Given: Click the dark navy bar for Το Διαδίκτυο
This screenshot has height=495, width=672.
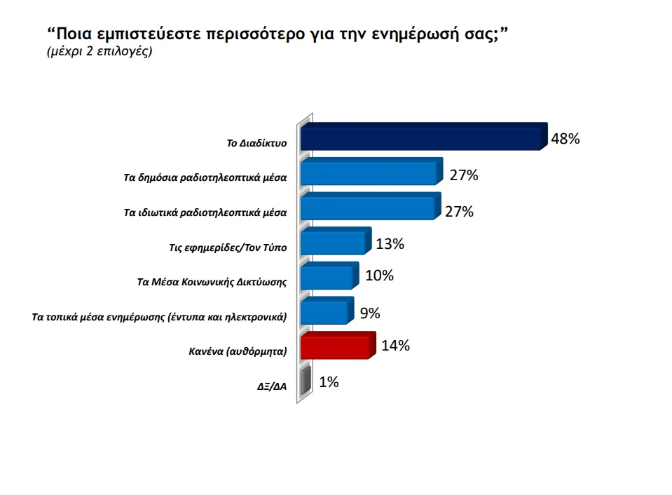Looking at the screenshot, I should [x=423, y=137].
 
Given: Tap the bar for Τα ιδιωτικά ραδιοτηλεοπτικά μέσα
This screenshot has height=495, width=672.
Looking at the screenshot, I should [x=369, y=208].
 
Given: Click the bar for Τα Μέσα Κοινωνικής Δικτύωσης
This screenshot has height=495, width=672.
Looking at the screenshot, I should [x=328, y=276].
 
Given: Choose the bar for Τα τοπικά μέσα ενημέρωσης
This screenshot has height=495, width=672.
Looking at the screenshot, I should [x=325, y=311].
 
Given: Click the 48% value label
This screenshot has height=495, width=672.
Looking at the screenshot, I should [x=565, y=139].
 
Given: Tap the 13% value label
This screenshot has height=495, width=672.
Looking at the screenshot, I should [x=390, y=244].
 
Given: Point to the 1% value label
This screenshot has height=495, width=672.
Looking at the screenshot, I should [x=329, y=382].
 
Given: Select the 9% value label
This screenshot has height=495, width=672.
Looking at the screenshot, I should [x=369, y=313].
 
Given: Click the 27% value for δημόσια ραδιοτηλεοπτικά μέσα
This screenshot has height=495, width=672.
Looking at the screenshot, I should [x=464, y=175].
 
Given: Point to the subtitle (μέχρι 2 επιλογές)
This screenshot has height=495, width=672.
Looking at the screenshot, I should [x=99, y=53].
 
